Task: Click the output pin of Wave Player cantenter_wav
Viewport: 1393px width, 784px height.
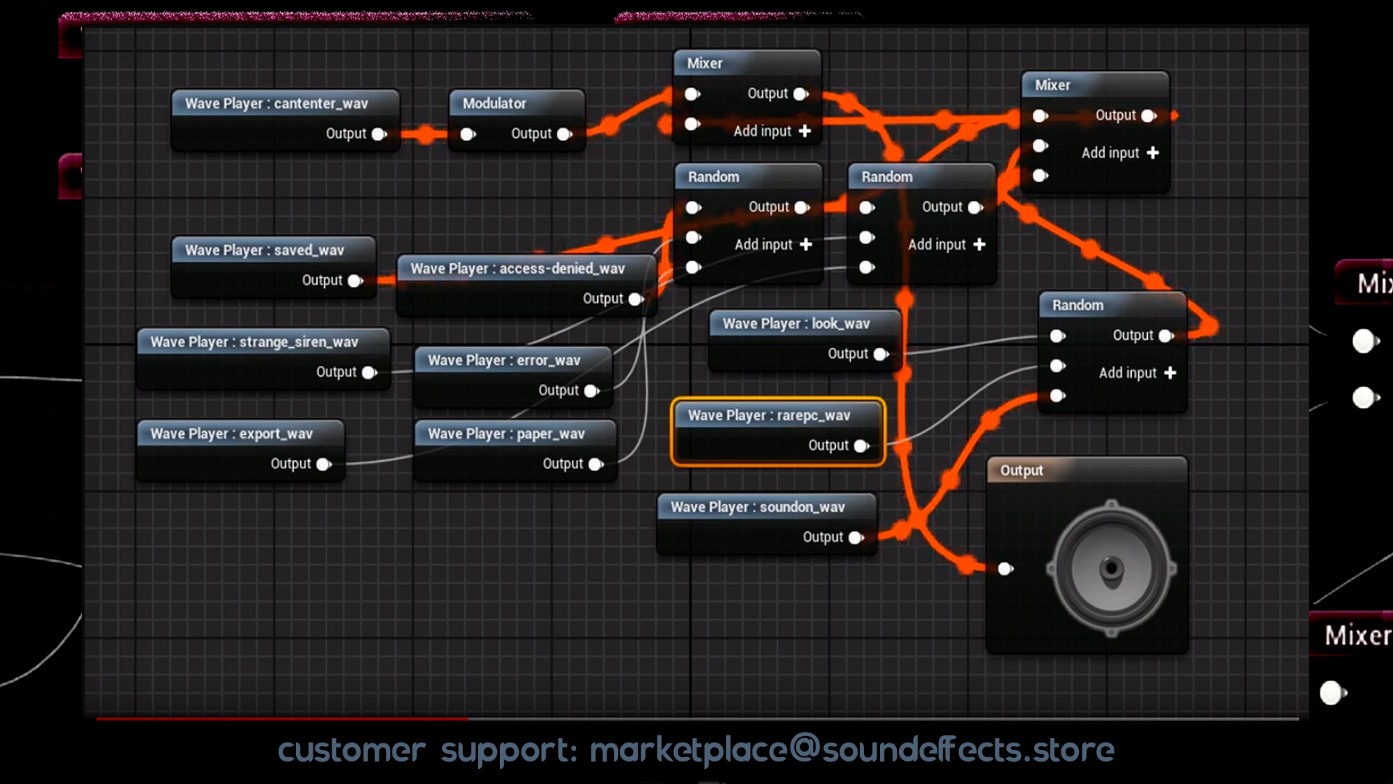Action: pyautogui.click(x=379, y=134)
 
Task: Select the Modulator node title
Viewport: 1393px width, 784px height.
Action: pyautogui.click(x=494, y=104)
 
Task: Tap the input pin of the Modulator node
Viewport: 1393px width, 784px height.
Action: pyautogui.click(x=468, y=134)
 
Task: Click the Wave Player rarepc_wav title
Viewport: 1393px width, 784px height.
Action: pyautogui.click(x=768, y=416)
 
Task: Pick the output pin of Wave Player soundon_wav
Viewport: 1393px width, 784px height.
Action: pyautogui.click(x=856, y=538)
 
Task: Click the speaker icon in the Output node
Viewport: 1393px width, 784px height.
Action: pyautogui.click(x=1111, y=568)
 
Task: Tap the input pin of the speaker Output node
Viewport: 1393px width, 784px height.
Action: pyautogui.click(x=1006, y=569)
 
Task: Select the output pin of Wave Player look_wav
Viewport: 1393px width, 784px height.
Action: pyautogui.click(x=881, y=354)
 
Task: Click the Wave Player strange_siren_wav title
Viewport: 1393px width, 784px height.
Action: pyautogui.click(x=254, y=342)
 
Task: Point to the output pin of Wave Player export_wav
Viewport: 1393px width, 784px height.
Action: pyautogui.click(x=324, y=465)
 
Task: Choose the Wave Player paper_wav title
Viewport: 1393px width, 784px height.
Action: pyautogui.click(x=506, y=434)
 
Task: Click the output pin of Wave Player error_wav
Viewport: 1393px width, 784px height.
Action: pyautogui.click(x=591, y=391)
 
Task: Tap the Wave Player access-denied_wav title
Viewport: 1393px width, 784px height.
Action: pyautogui.click(x=517, y=269)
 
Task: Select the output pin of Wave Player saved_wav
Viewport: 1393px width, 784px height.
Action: pyautogui.click(x=355, y=281)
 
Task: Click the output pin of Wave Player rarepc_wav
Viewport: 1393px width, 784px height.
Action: pyautogui.click(x=861, y=446)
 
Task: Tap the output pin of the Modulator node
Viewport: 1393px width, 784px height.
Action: pyautogui.click(x=564, y=134)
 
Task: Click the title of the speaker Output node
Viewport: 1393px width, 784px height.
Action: pyautogui.click(x=1022, y=470)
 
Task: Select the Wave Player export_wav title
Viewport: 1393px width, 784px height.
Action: pyautogui.click(x=231, y=434)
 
